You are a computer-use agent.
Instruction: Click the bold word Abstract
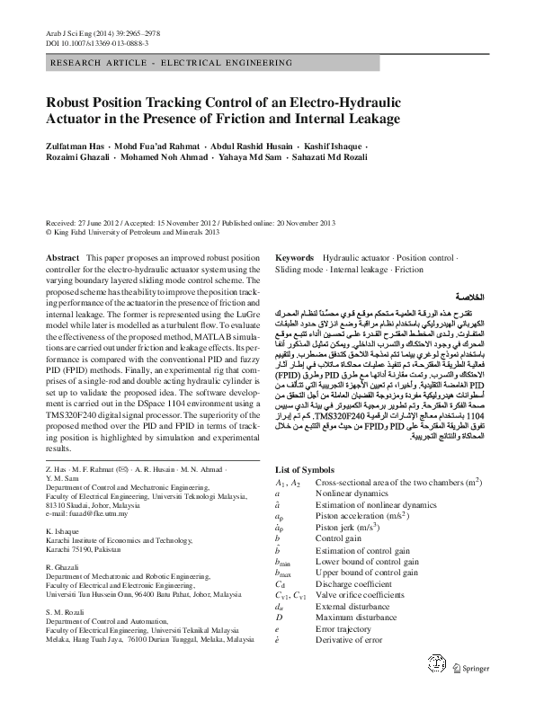(x=62, y=257)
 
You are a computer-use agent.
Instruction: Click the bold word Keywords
(x=294, y=257)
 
